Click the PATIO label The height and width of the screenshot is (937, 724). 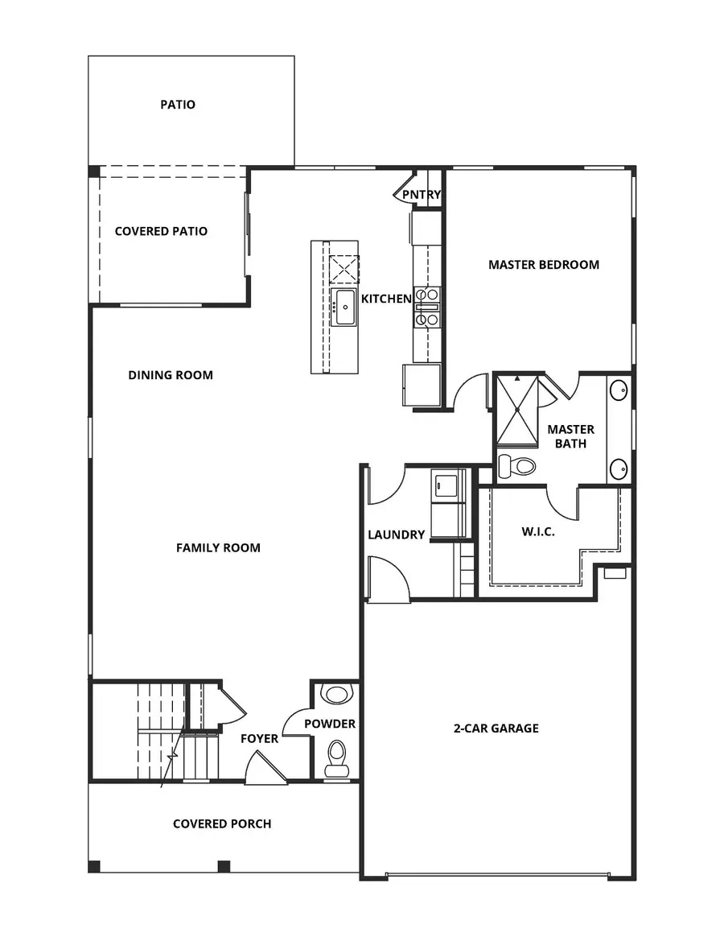coord(178,105)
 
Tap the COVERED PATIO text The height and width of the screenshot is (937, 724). coord(161,231)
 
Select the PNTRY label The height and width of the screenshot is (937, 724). coord(422,195)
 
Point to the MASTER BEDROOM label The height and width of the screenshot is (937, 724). coord(544,264)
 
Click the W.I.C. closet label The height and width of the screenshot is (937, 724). coord(538,532)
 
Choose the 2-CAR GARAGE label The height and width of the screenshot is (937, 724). coord(496,729)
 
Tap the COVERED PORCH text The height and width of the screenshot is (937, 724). coord(222,823)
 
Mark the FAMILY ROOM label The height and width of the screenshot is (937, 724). coord(218,547)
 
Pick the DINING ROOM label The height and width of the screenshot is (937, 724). coord(171,375)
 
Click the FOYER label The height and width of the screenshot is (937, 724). coord(260,738)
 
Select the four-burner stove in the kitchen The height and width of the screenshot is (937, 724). coord(426,307)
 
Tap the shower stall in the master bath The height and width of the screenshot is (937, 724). coord(516,411)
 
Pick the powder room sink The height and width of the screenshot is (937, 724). coord(335,694)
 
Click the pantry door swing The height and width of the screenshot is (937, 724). coord(405,190)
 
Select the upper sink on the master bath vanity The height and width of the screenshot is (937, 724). coord(619,391)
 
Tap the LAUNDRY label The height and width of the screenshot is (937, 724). coord(396,535)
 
